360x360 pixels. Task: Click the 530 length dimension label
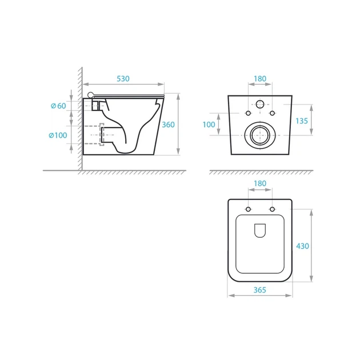123,79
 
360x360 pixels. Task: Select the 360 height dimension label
169,125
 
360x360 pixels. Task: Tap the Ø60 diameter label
58,106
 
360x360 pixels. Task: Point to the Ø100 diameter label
58,135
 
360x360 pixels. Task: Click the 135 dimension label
302,121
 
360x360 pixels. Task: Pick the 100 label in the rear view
209,125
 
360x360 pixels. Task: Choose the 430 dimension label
302,246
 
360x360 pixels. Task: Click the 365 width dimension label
259,290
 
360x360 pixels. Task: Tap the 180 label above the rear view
260,79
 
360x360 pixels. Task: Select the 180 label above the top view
260,183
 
